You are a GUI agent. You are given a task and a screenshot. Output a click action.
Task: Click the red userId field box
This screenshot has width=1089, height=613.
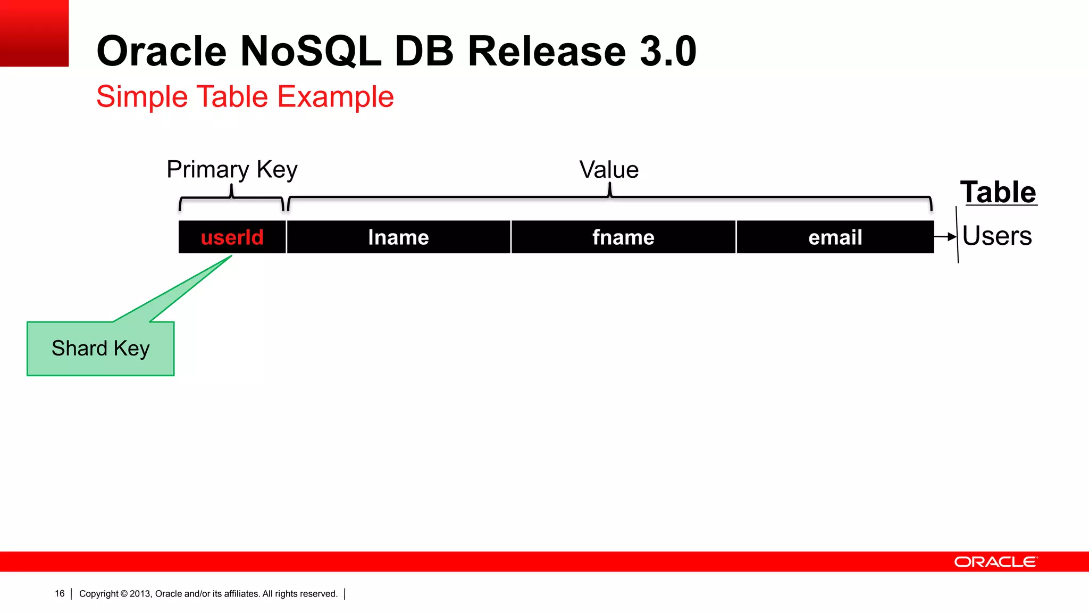tap(232, 237)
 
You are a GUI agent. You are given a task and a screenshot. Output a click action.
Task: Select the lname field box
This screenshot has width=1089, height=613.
tap(398, 237)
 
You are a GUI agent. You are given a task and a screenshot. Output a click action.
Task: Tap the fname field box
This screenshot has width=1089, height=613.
tap(623, 237)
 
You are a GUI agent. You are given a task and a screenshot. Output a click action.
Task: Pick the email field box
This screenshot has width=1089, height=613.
tap(835, 237)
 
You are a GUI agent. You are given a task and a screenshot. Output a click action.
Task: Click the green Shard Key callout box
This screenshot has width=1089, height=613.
tap(100, 349)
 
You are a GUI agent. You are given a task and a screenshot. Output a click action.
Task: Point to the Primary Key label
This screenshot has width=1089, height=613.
tap(232, 170)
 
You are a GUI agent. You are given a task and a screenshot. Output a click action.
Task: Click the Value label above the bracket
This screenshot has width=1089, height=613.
tap(609, 170)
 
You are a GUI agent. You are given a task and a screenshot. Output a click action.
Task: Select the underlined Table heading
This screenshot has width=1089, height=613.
tap(998, 192)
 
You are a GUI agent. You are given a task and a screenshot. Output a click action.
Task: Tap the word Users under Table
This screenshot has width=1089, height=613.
tap(997, 236)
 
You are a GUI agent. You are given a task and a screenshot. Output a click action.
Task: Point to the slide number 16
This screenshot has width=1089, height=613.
tap(60, 594)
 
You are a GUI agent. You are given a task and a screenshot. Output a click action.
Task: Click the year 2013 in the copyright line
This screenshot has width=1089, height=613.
tap(140, 594)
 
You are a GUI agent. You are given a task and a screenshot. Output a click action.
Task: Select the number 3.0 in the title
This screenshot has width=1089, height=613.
tap(668, 52)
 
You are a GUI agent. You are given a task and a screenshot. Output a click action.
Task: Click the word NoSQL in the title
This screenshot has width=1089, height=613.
tap(311, 52)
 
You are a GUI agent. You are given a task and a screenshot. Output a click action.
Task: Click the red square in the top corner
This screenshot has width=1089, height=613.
tap(34, 33)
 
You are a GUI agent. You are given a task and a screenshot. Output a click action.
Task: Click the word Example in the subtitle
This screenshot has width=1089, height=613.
tap(336, 97)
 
